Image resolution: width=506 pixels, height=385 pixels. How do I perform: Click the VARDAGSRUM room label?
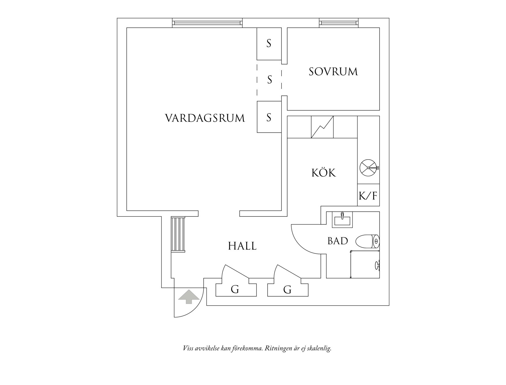pyautogui.click(x=205, y=118)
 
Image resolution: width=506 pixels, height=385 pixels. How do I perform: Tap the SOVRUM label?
pyautogui.click(x=333, y=72)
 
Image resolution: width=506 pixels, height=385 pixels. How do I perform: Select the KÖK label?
pyautogui.click(x=324, y=173)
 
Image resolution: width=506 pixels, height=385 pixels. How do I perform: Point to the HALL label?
pyautogui.click(x=242, y=246)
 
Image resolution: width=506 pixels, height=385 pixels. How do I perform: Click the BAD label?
pyautogui.click(x=338, y=241)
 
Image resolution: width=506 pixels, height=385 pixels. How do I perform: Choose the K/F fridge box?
pyautogui.click(x=368, y=195)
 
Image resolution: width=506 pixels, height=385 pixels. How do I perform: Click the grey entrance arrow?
pyautogui.click(x=189, y=296)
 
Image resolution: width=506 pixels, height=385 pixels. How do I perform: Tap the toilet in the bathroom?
pyautogui.click(x=367, y=241)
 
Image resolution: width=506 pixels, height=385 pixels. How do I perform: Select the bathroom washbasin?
pyautogui.click(x=342, y=220)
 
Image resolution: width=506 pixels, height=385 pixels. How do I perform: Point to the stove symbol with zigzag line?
pyautogui.click(x=322, y=127)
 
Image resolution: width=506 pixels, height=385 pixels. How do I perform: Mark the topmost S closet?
pyautogui.click(x=269, y=44)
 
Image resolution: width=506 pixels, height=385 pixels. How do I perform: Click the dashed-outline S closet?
pyautogui.click(x=269, y=79)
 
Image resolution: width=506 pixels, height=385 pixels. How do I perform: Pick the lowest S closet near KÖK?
pyautogui.click(x=269, y=117)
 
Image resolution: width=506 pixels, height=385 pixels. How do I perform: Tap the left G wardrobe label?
pyautogui.click(x=235, y=289)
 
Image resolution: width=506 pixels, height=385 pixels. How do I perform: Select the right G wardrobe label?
pyautogui.click(x=287, y=289)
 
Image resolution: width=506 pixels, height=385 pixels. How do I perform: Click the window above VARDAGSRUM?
pyautogui.click(x=207, y=23)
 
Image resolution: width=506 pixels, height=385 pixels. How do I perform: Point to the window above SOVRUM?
pyautogui.click(x=339, y=23)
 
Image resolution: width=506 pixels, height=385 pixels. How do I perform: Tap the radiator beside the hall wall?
pyautogui.click(x=178, y=234)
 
